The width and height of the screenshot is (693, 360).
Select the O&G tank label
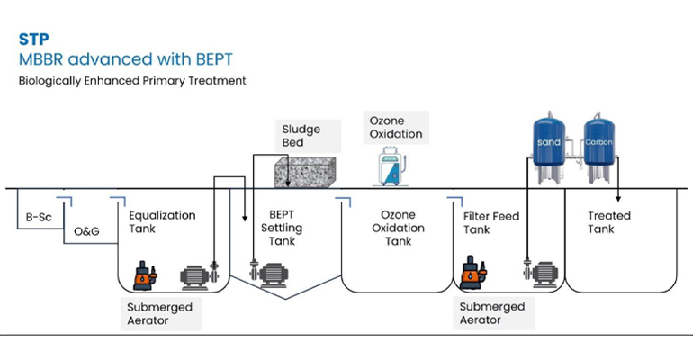tap(86, 231)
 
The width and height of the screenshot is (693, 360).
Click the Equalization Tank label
tap(162, 222)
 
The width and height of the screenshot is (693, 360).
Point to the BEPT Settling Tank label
tap(282, 229)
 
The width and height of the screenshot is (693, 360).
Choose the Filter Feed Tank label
tap(492, 223)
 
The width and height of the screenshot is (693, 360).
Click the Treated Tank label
tap(609, 222)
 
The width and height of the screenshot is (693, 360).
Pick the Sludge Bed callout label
tap(300, 136)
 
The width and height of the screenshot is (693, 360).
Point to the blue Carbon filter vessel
tap(598, 144)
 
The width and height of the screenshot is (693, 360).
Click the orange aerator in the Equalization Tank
tap(143, 276)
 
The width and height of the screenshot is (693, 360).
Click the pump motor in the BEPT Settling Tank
tap(274, 270)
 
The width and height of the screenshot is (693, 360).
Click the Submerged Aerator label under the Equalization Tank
tap(159, 313)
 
